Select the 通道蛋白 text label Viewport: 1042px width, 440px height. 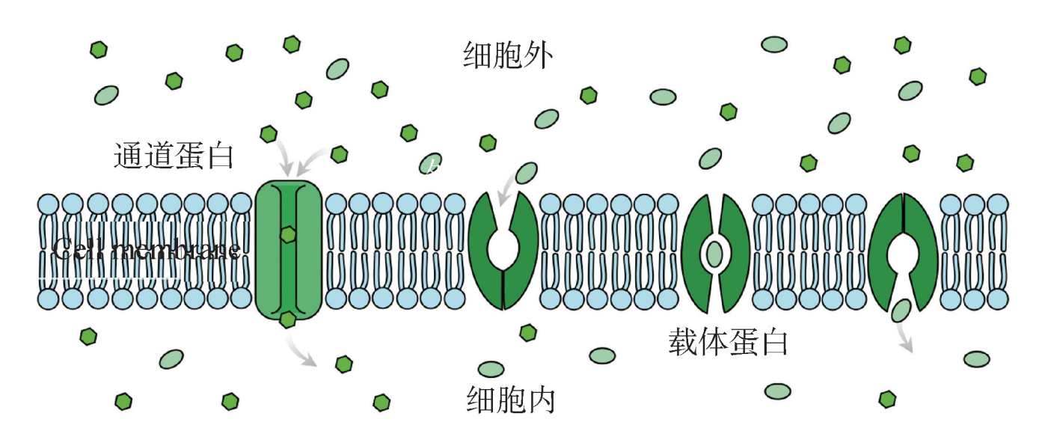point(174,156)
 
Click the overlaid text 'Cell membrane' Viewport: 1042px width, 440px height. point(147,249)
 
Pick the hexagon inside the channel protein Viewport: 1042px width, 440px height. point(288,235)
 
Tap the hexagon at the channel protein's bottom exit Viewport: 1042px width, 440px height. point(287,320)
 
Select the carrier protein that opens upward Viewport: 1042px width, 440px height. point(503,251)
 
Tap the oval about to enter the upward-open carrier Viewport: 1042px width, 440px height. point(527,173)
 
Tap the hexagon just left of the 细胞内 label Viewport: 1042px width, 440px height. point(382,402)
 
